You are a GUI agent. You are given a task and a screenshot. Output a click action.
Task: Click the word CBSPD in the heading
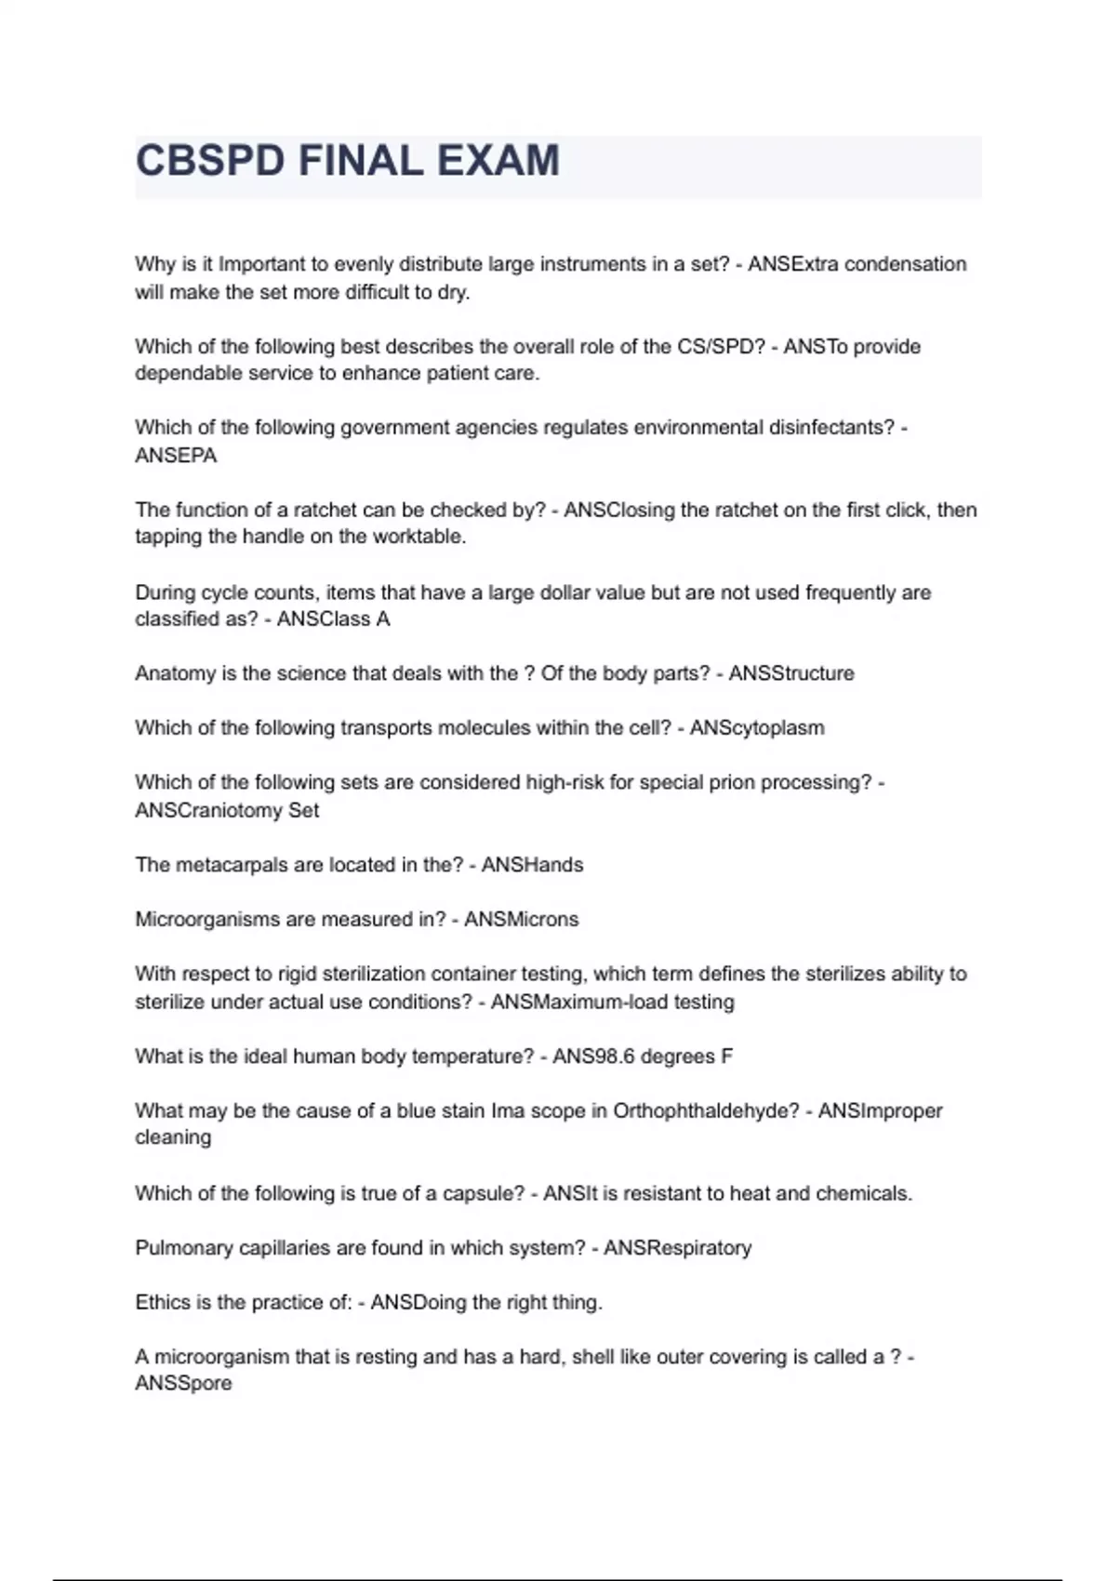[x=210, y=162]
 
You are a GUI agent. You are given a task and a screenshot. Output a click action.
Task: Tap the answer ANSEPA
[x=176, y=456]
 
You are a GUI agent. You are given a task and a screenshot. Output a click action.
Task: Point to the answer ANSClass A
[x=333, y=619]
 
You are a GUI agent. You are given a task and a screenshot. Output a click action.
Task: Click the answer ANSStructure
[x=790, y=673]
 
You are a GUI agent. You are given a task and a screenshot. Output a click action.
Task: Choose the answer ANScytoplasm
[x=757, y=728]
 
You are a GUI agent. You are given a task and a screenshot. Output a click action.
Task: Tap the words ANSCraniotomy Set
[x=227, y=810]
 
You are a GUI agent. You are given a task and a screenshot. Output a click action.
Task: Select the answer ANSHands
[x=532, y=865]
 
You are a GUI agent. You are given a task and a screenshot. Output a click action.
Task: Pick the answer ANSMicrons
[x=521, y=920]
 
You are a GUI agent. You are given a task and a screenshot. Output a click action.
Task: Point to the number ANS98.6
[x=594, y=1056]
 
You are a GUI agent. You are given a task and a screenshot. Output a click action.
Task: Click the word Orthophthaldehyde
[x=706, y=1111]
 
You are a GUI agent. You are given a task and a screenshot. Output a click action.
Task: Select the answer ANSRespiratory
[x=677, y=1248]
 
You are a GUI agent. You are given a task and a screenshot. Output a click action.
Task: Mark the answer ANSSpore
[x=183, y=1384]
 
